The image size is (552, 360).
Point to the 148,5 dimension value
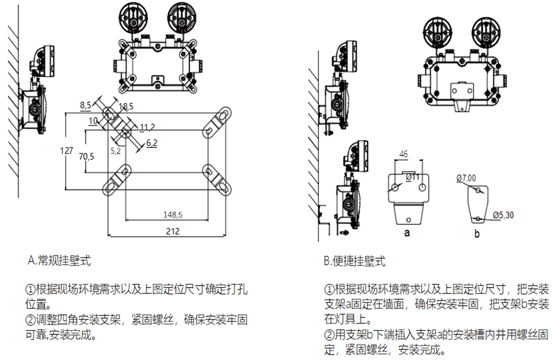tap(173, 214)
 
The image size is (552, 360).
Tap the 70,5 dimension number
tap(87, 157)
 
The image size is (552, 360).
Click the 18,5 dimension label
tap(126, 107)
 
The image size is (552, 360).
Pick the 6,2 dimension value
tap(152, 143)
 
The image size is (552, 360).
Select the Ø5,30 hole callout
tap(503, 214)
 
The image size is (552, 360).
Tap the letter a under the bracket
tap(407, 233)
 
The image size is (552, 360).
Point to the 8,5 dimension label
tap(85, 105)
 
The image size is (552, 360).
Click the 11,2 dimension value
tap(147, 127)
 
